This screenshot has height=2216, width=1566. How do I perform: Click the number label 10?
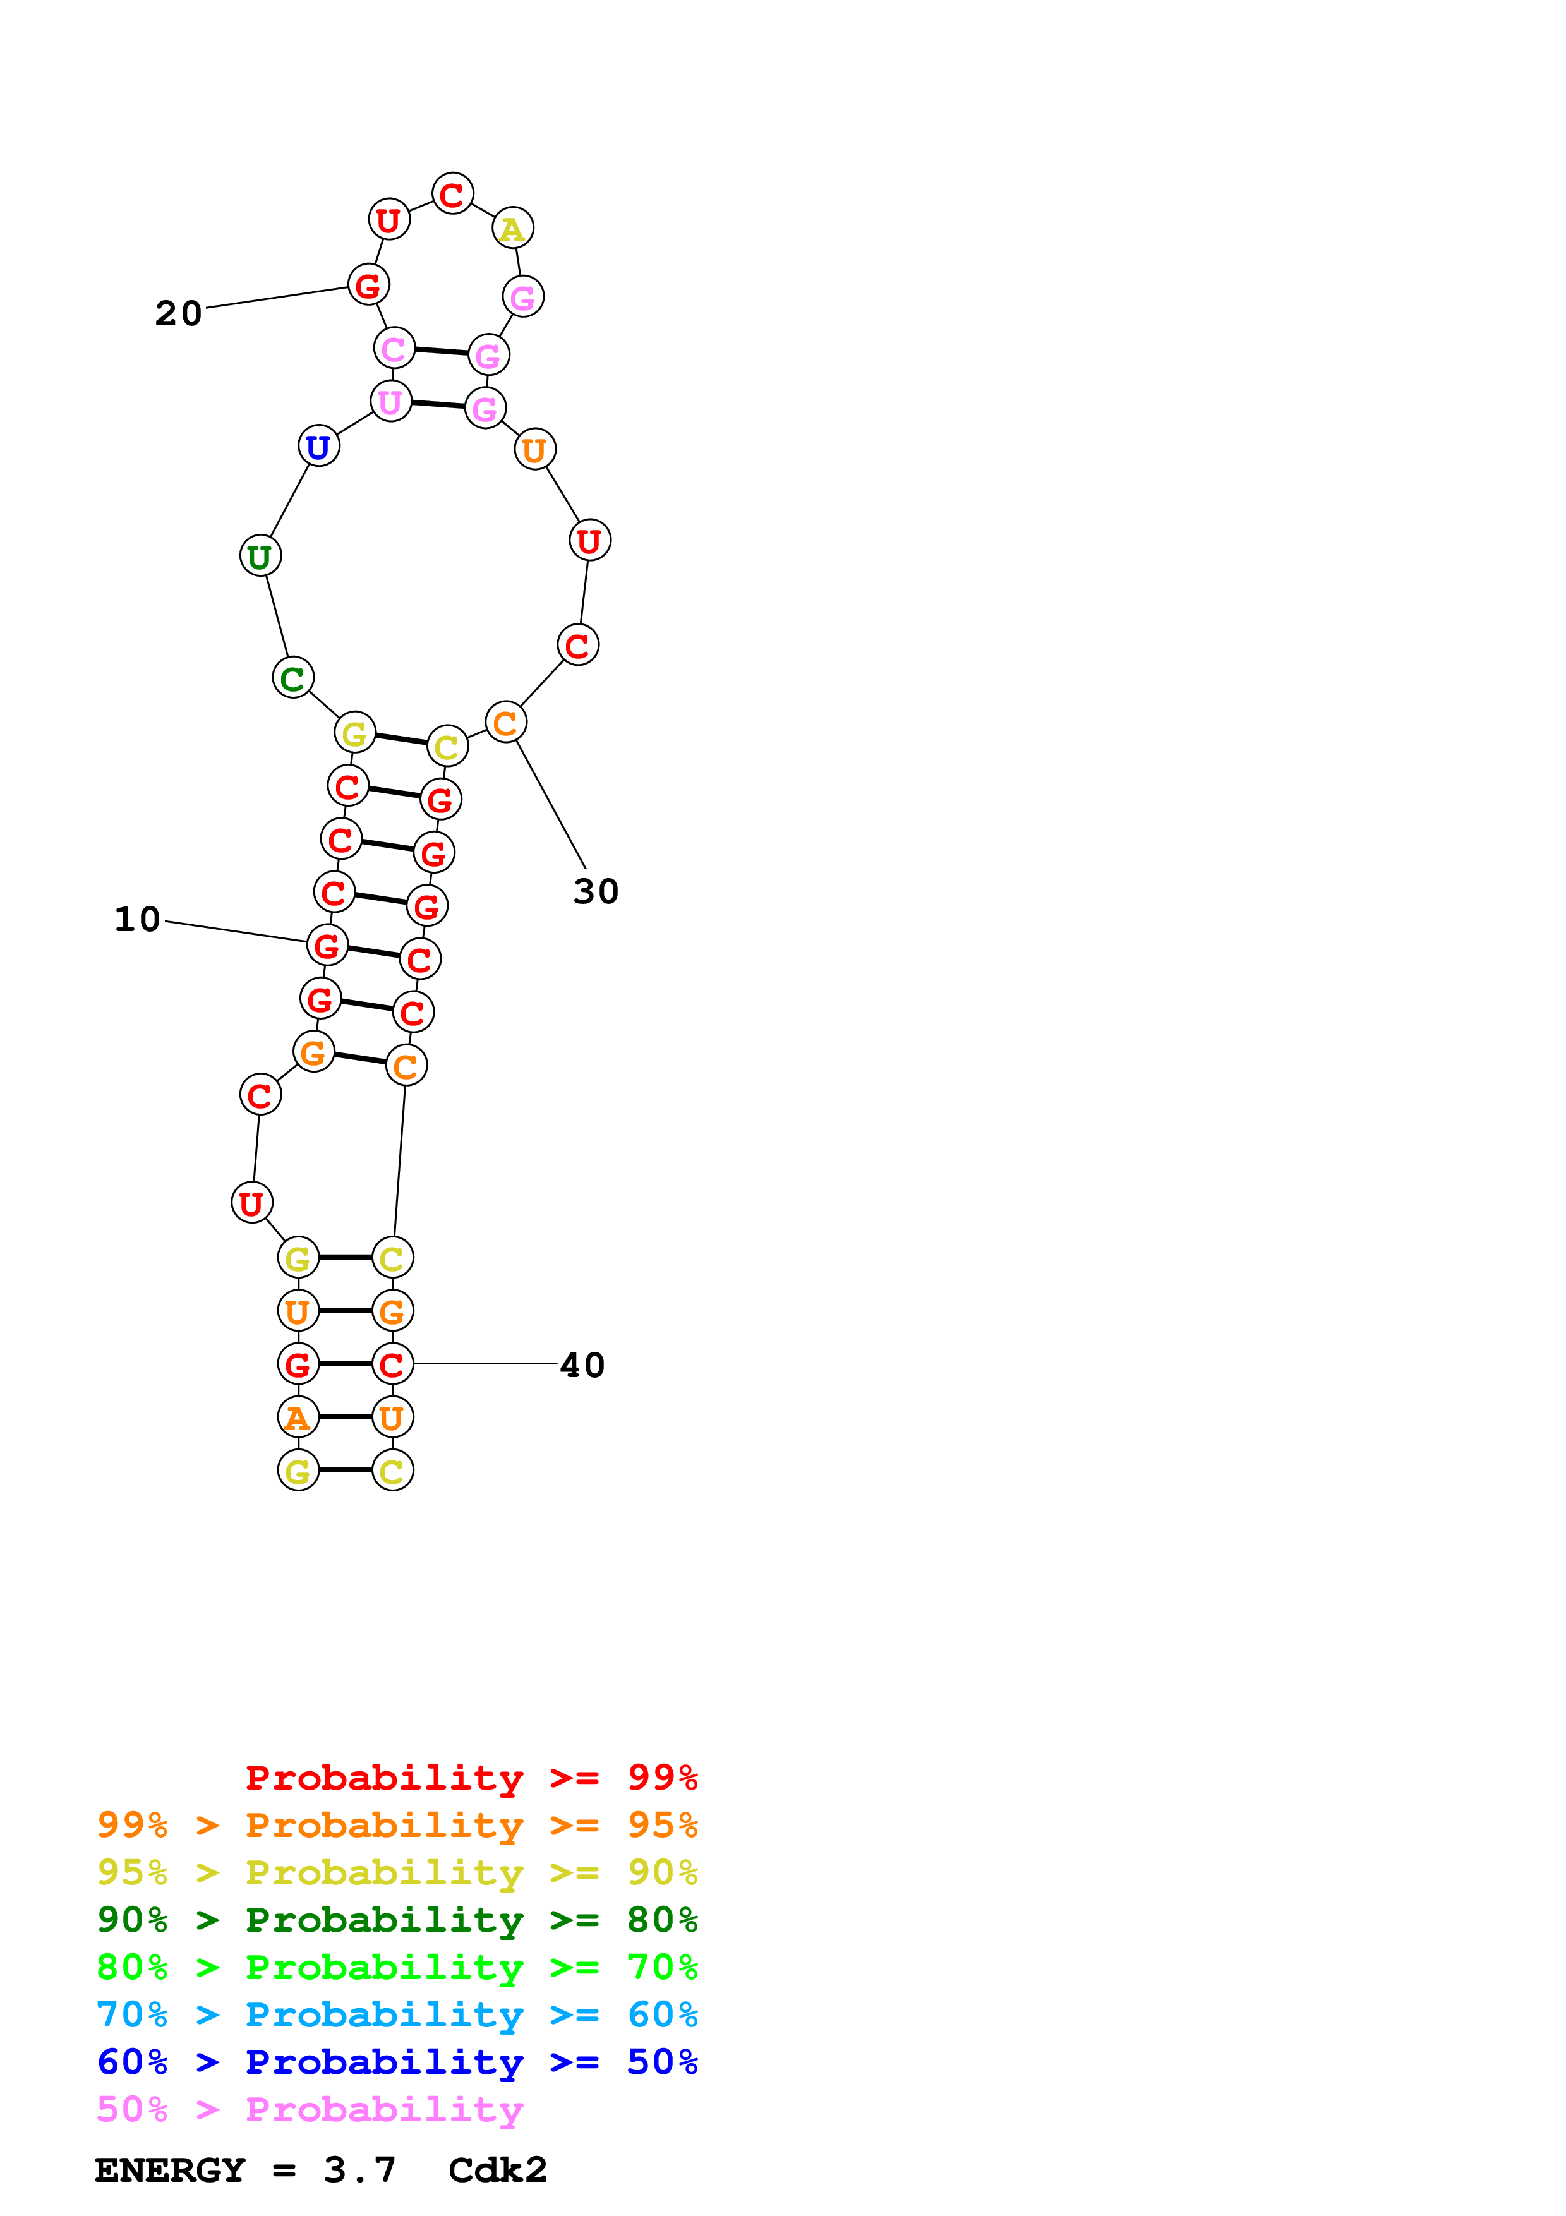[137, 919]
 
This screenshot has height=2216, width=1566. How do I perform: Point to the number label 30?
[595, 891]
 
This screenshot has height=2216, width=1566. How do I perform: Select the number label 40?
[582, 1364]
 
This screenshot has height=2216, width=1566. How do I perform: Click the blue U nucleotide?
[318, 447]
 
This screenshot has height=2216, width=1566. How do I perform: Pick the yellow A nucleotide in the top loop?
[512, 229]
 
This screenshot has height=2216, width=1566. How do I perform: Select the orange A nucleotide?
[298, 1418]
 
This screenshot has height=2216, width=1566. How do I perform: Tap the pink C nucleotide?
[394, 349]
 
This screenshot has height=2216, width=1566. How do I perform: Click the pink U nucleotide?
[391, 402]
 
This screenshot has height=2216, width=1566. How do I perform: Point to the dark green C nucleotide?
[293, 678]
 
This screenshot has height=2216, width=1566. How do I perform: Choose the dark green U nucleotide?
[260, 556]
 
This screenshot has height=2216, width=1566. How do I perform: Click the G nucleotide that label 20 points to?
[368, 286]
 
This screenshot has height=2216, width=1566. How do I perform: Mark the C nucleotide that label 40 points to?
[392, 1364]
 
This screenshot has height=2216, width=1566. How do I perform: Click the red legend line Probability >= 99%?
[471, 1777]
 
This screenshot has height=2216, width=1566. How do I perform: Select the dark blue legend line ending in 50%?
[397, 2062]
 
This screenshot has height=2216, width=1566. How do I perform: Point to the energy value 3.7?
[359, 2170]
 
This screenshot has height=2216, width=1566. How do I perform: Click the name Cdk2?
[497, 2170]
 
